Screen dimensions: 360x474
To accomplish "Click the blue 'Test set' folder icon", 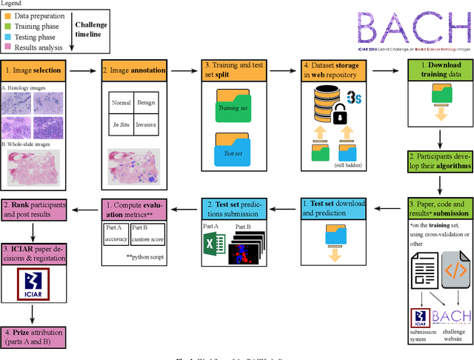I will click(234, 154).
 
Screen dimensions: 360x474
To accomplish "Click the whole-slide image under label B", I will click(41, 167).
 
